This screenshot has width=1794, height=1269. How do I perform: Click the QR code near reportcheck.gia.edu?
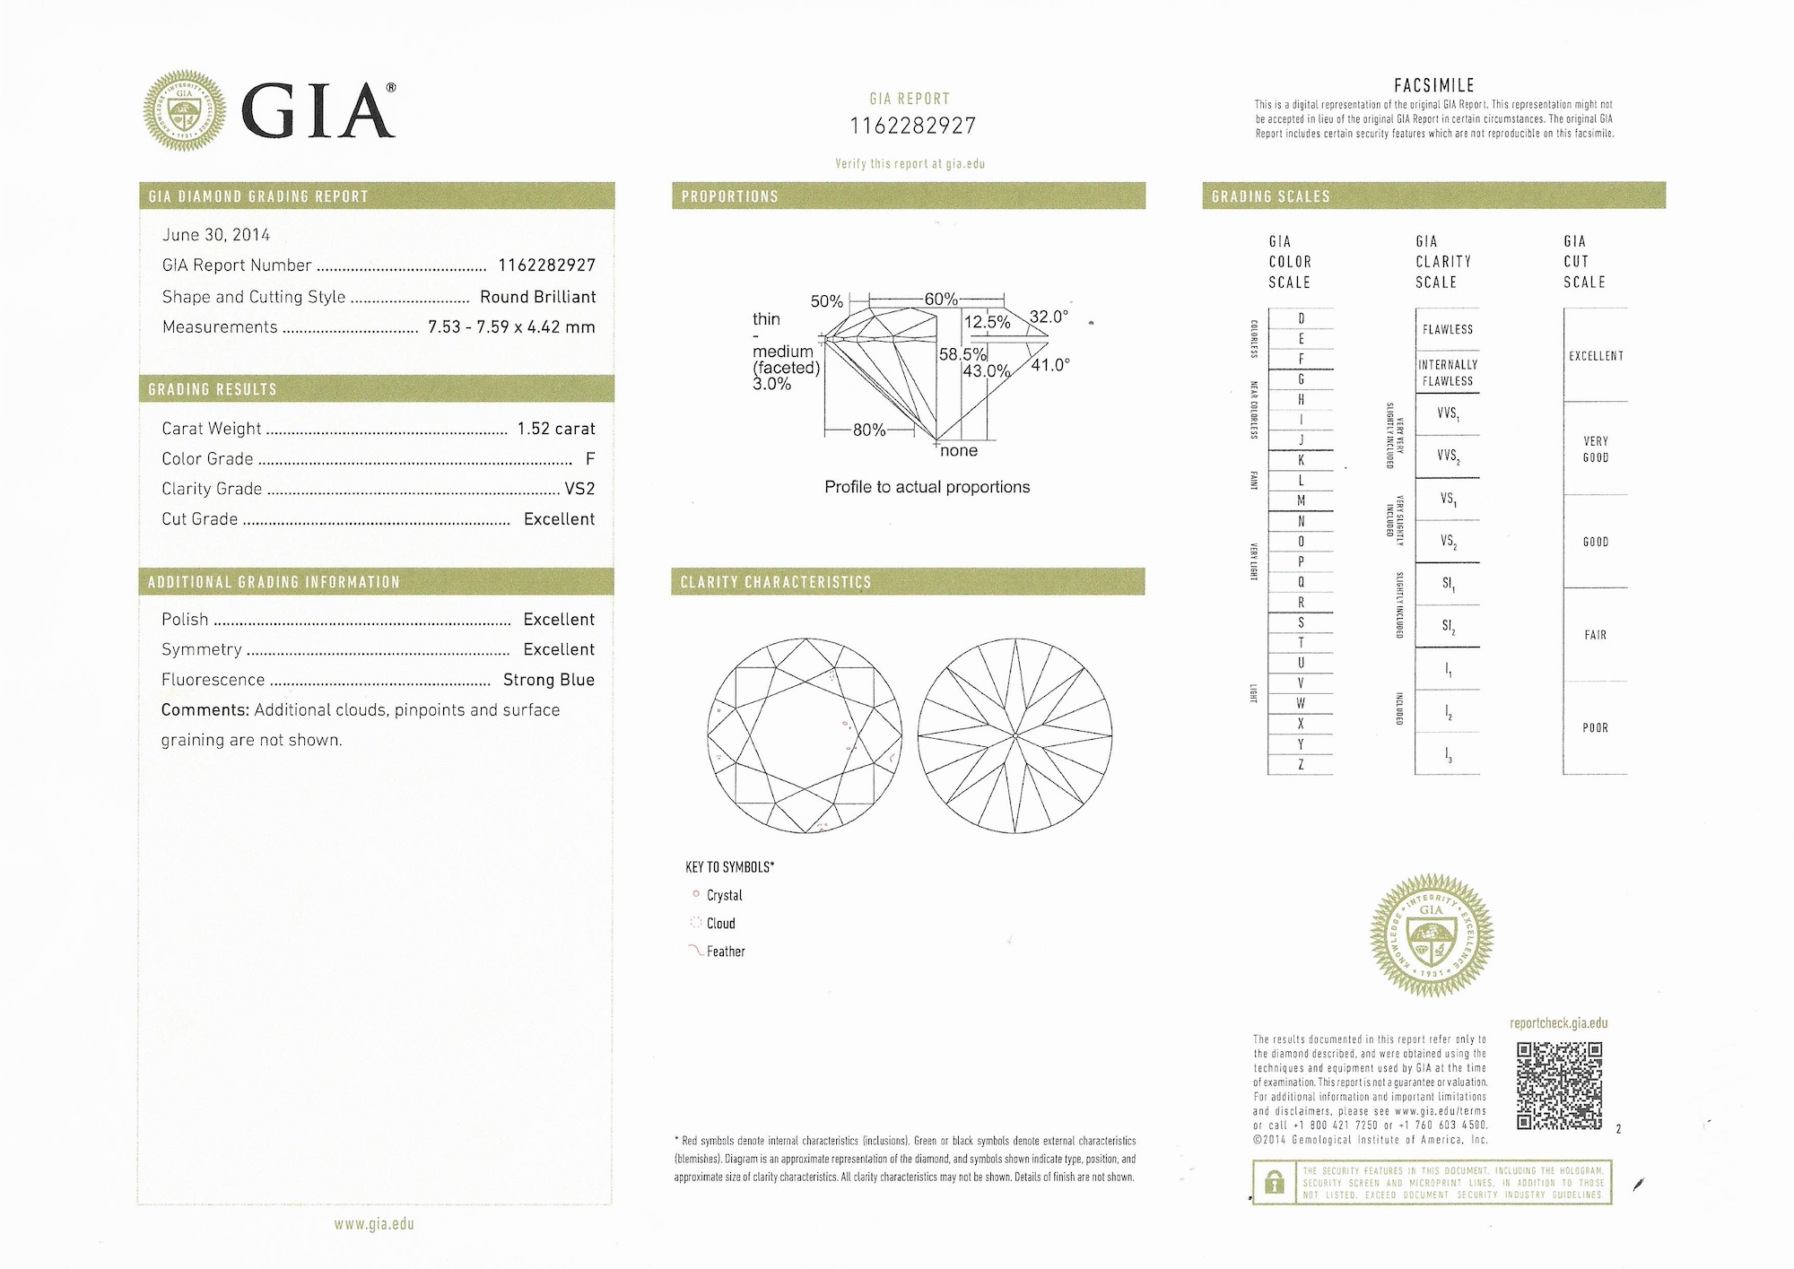[1559, 1085]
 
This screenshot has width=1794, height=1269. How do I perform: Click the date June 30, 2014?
[215, 235]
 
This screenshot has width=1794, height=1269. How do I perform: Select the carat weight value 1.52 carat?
[556, 429]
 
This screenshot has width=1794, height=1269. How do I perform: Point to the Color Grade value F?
[590, 459]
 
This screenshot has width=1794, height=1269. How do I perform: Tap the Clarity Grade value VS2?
[579, 489]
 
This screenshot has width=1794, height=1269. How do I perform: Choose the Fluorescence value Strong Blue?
[548, 680]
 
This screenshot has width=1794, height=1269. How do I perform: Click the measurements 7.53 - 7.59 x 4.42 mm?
[511, 327]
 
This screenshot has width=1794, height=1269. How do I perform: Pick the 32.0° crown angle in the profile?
[1049, 317]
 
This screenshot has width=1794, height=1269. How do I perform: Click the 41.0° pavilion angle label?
[1050, 365]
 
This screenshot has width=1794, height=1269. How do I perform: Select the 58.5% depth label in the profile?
[962, 354]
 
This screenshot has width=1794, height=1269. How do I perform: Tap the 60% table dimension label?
[941, 300]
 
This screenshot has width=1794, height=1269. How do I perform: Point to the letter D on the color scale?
[1301, 319]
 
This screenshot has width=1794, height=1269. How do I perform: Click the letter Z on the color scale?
[1301, 765]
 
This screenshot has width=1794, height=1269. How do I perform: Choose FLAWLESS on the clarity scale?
[1447, 330]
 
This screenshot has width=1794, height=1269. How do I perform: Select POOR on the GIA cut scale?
[1595, 728]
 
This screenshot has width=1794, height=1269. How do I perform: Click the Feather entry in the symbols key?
[725, 952]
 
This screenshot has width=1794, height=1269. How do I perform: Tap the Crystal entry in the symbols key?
[724, 896]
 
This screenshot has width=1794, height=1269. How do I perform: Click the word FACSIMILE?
[1433, 86]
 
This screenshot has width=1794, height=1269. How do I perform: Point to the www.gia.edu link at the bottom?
[374, 1224]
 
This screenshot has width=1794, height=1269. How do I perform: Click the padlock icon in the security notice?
[1274, 1184]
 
